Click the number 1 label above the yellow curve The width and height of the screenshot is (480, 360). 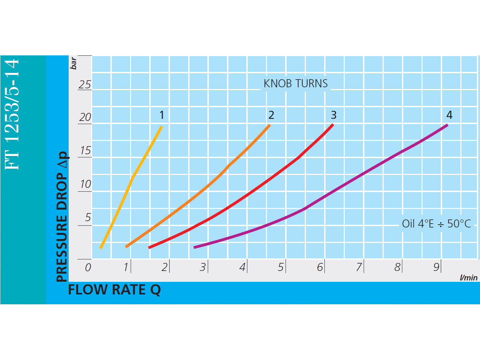coord(162,115)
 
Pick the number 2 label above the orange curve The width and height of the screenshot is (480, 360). coord(271,115)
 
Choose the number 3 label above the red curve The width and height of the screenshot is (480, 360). coord(334,115)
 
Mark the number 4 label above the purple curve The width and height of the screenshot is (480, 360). coord(449,115)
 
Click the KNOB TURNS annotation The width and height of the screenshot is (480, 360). coord(296,83)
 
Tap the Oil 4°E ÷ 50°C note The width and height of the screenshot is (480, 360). coord(437,224)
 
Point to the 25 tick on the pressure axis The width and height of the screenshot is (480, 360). coord(85,84)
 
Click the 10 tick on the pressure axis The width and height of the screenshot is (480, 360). coord(85,184)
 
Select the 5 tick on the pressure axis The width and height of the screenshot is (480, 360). coord(88,217)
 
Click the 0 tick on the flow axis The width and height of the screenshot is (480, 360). coord(88,267)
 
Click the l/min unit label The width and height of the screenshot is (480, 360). coord(468,278)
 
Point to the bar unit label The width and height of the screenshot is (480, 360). coord(73,63)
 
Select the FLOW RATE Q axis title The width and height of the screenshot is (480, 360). coord(114,290)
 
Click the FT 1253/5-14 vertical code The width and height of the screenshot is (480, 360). coord(12,114)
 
